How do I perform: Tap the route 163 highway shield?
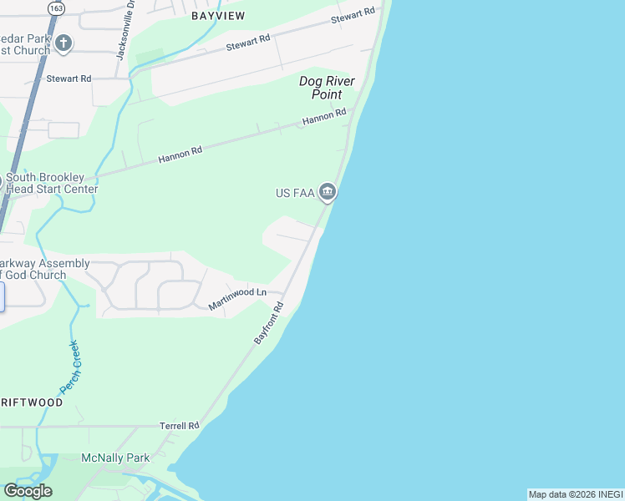pos(56,8)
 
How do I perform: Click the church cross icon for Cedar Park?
pos(64,43)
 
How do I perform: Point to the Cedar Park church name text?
pos(25,44)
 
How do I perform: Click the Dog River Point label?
pos(328,88)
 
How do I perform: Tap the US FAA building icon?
pos(328,194)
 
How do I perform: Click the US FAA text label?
pos(294,194)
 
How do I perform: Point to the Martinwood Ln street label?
pos(237,297)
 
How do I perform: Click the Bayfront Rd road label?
pos(269,324)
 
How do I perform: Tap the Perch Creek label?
pos(69,367)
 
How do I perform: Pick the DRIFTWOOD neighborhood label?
pos(31,402)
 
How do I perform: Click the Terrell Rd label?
pos(180,426)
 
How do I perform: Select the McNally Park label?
pos(114,458)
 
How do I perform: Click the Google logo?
pos(28,491)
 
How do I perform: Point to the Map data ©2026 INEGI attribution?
pos(576,494)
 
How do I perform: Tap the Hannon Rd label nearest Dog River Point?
pos(324,117)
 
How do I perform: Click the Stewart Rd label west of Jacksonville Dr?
pos(69,78)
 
